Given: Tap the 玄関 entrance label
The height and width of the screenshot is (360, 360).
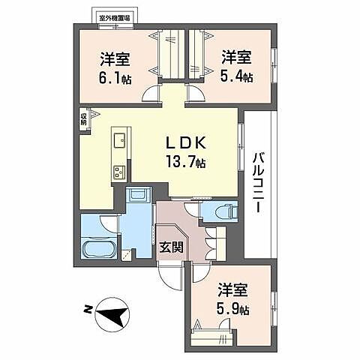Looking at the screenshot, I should click(x=170, y=247).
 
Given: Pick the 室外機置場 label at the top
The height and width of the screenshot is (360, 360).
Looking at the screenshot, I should click(x=115, y=15).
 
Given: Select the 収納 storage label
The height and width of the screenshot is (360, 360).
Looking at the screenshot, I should click(x=85, y=118).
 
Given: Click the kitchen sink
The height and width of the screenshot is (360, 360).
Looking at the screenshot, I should click(x=120, y=141).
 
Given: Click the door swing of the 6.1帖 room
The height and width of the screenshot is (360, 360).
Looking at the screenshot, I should click(x=152, y=94).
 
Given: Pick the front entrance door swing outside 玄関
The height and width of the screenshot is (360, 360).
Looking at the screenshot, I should click(x=170, y=280).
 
